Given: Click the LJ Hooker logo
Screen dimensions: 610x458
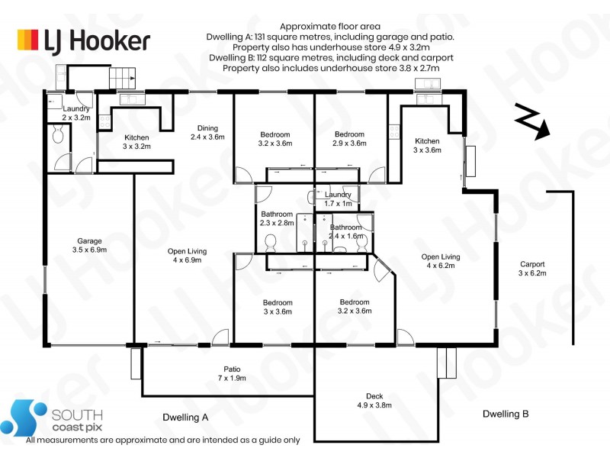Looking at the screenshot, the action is pyautogui.click(x=84, y=41).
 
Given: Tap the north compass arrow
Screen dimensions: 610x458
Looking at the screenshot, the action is pyautogui.click(x=532, y=121).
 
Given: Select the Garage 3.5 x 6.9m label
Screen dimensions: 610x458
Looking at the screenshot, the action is pyautogui.click(x=89, y=245).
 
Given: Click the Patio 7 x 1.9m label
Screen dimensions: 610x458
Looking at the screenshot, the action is pyautogui.click(x=232, y=373).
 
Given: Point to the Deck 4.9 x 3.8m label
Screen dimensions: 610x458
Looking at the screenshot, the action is pyautogui.click(x=374, y=400).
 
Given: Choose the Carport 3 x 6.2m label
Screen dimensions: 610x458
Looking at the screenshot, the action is pyautogui.click(x=532, y=269).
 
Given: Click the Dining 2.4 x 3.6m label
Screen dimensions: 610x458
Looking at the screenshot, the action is pyautogui.click(x=207, y=132).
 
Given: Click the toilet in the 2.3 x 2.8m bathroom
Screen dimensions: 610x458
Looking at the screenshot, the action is pyautogui.click(x=270, y=243).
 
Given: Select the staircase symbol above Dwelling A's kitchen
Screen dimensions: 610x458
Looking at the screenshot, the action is pyautogui.click(x=122, y=78).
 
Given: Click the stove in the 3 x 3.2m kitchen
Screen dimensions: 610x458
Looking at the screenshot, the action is pyautogui.click(x=104, y=121).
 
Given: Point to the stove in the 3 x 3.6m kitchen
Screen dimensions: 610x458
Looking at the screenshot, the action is pyautogui.click(x=394, y=131).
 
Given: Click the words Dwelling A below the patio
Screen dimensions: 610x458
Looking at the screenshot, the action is pyautogui.click(x=185, y=418).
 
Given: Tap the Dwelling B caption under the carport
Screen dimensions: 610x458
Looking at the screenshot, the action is pyautogui.click(x=506, y=414).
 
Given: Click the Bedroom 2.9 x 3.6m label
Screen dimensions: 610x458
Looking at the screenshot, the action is pyautogui.click(x=349, y=139).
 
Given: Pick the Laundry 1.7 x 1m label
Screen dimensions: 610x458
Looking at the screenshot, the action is pyautogui.click(x=338, y=198).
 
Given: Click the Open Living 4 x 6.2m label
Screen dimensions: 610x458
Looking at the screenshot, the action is pyautogui.click(x=441, y=261).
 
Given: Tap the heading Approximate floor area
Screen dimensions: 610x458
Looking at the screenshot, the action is pyautogui.click(x=330, y=27).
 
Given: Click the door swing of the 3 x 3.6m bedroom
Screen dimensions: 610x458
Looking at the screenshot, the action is pyautogui.click(x=220, y=337).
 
